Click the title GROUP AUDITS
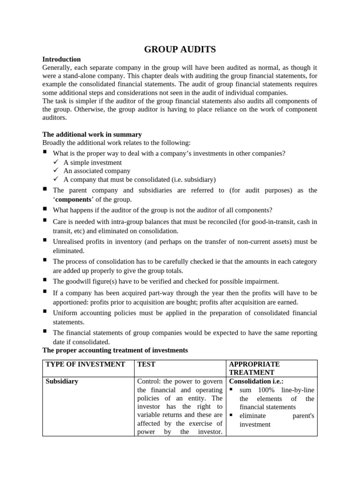tap(180, 49)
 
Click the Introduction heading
tap(61, 60)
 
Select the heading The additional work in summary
tap(92, 135)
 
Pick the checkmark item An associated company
tap(97, 171)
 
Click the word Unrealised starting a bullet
tap(69, 241)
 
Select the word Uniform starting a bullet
tap(65, 313)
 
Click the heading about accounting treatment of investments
tap(115, 350)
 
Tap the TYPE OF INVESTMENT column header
tap(85, 364)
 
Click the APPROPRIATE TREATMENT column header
tap(254, 368)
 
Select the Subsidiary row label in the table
tap(62, 382)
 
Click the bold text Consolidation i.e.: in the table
tap(256, 382)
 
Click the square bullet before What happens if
tap(45, 209)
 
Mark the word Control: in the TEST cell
tap(149, 382)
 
